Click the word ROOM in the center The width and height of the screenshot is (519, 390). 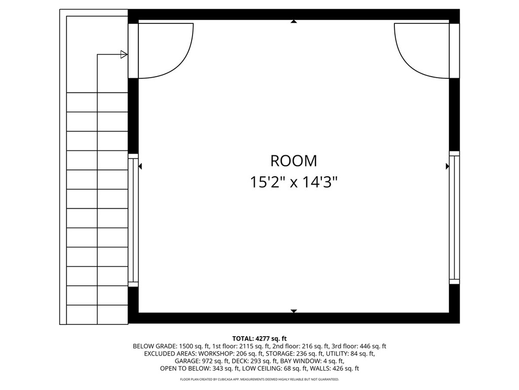click(x=293, y=161)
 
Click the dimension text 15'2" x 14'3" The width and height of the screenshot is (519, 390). click(x=293, y=182)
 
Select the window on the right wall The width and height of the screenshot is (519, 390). click(x=454, y=217)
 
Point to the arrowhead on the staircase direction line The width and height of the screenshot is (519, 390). click(x=124, y=54)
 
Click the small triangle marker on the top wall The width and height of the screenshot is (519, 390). click(x=293, y=21)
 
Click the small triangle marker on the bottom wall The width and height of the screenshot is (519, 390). click(x=293, y=311)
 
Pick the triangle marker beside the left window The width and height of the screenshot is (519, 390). click(x=140, y=166)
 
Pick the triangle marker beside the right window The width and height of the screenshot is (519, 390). click(x=447, y=166)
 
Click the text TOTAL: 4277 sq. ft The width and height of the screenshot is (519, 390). click(x=259, y=338)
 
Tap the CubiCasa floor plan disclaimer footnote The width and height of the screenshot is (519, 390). click(x=259, y=379)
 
